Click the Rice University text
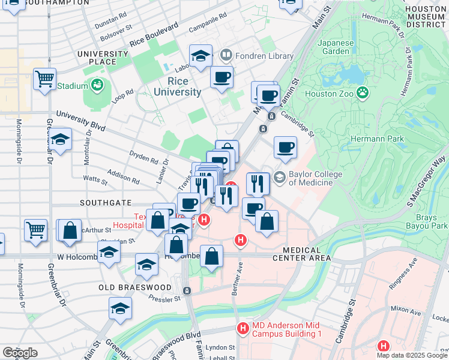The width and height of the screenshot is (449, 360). (x=177, y=86)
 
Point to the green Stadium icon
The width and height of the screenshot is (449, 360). (x=97, y=86)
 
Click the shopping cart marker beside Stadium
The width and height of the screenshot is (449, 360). (x=45, y=79)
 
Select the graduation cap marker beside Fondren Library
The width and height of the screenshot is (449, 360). (x=200, y=56)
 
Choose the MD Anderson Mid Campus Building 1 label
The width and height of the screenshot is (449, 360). (x=287, y=329)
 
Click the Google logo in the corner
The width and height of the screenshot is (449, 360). (x=19, y=352)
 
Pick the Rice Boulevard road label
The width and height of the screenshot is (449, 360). (x=154, y=36)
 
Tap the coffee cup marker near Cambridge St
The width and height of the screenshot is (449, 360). (x=285, y=146)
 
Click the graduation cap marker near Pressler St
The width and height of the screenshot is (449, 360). (x=120, y=308)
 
